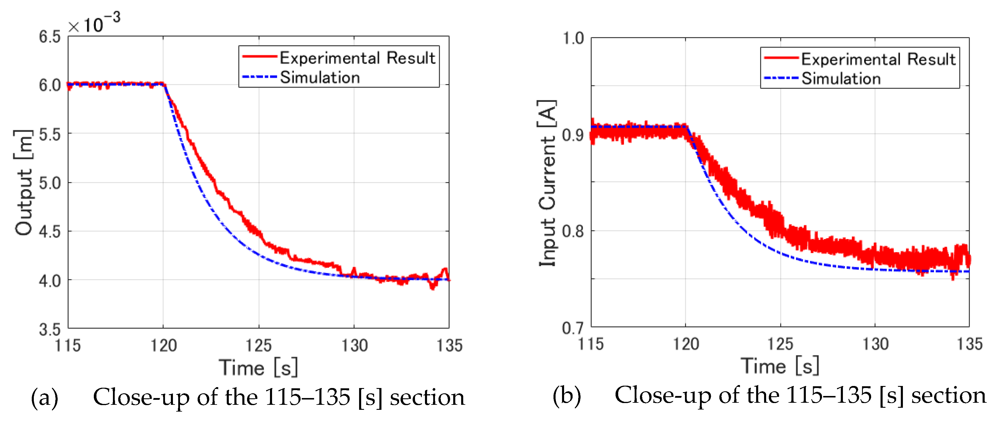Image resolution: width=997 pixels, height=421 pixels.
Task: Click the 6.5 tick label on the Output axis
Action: pos(49,37)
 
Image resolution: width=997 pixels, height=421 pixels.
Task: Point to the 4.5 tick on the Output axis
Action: pos(49,232)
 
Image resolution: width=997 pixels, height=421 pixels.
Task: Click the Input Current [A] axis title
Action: pos(548,183)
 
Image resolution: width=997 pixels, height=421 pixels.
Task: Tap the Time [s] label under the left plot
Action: pos(259,367)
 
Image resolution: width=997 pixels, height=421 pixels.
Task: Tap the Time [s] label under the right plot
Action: pos(780,366)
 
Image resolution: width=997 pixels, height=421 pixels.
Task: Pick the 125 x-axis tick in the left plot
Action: pos(259,345)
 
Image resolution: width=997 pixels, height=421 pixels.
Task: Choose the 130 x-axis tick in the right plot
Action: pos(875,344)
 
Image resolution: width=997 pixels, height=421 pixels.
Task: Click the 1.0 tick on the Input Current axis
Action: pos(573,38)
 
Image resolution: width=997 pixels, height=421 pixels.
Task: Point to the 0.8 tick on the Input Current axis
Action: pos(573,231)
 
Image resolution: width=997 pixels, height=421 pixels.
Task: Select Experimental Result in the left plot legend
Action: pos(357,58)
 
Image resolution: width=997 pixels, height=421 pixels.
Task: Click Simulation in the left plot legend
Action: pos(320,77)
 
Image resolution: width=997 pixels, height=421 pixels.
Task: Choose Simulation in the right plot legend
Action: pos(841,79)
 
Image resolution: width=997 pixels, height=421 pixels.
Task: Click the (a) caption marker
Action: pos(44,398)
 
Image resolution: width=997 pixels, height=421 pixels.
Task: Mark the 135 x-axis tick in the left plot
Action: pos(449,345)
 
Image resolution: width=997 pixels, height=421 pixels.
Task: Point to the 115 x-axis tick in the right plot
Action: pos(591,344)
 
